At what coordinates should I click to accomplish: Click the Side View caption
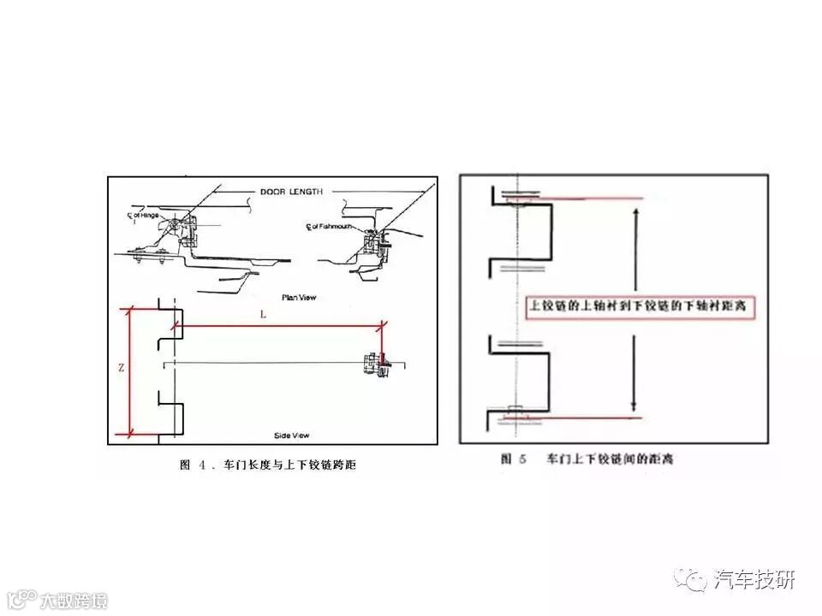pos(292,435)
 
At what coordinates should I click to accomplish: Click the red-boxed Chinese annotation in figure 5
pos(640,305)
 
